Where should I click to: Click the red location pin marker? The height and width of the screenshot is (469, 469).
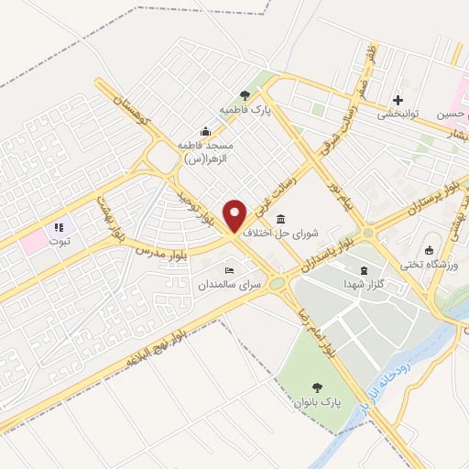[x=235, y=215]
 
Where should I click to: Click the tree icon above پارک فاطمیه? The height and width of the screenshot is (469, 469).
[x=245, y=94]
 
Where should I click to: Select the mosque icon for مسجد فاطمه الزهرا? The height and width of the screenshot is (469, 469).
[x=205, y=131]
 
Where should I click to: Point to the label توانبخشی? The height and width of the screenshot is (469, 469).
[x=399, y=115]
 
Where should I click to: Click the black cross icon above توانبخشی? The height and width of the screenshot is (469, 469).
[x=398, y=100]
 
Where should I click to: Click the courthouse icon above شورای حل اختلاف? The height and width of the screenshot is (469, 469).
[x=279, y=219]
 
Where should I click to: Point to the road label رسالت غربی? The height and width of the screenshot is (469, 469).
[x=286, y=185]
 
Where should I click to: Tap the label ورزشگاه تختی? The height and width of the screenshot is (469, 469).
[x=430, y=266]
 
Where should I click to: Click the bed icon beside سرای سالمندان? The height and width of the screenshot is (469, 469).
[x=229, y=270]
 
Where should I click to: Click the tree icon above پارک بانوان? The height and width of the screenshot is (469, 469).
[x=317, y=387]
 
